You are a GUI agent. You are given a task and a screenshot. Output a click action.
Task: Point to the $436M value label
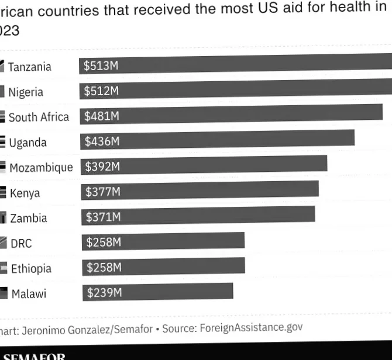tap(102, 141)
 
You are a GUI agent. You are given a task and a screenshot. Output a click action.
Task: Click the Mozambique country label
tap(41, 168)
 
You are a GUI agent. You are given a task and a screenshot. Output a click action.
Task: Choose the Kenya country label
tap(25, 193)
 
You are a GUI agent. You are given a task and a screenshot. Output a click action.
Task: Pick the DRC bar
tap(163, 241)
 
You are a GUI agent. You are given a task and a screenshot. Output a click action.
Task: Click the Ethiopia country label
tap(31, 269)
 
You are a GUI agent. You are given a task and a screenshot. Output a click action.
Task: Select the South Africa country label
tap(39, 117)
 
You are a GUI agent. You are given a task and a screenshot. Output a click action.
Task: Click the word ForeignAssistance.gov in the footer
tap(251, 327)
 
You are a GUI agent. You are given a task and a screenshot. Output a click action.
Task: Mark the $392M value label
tap(102, 167)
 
